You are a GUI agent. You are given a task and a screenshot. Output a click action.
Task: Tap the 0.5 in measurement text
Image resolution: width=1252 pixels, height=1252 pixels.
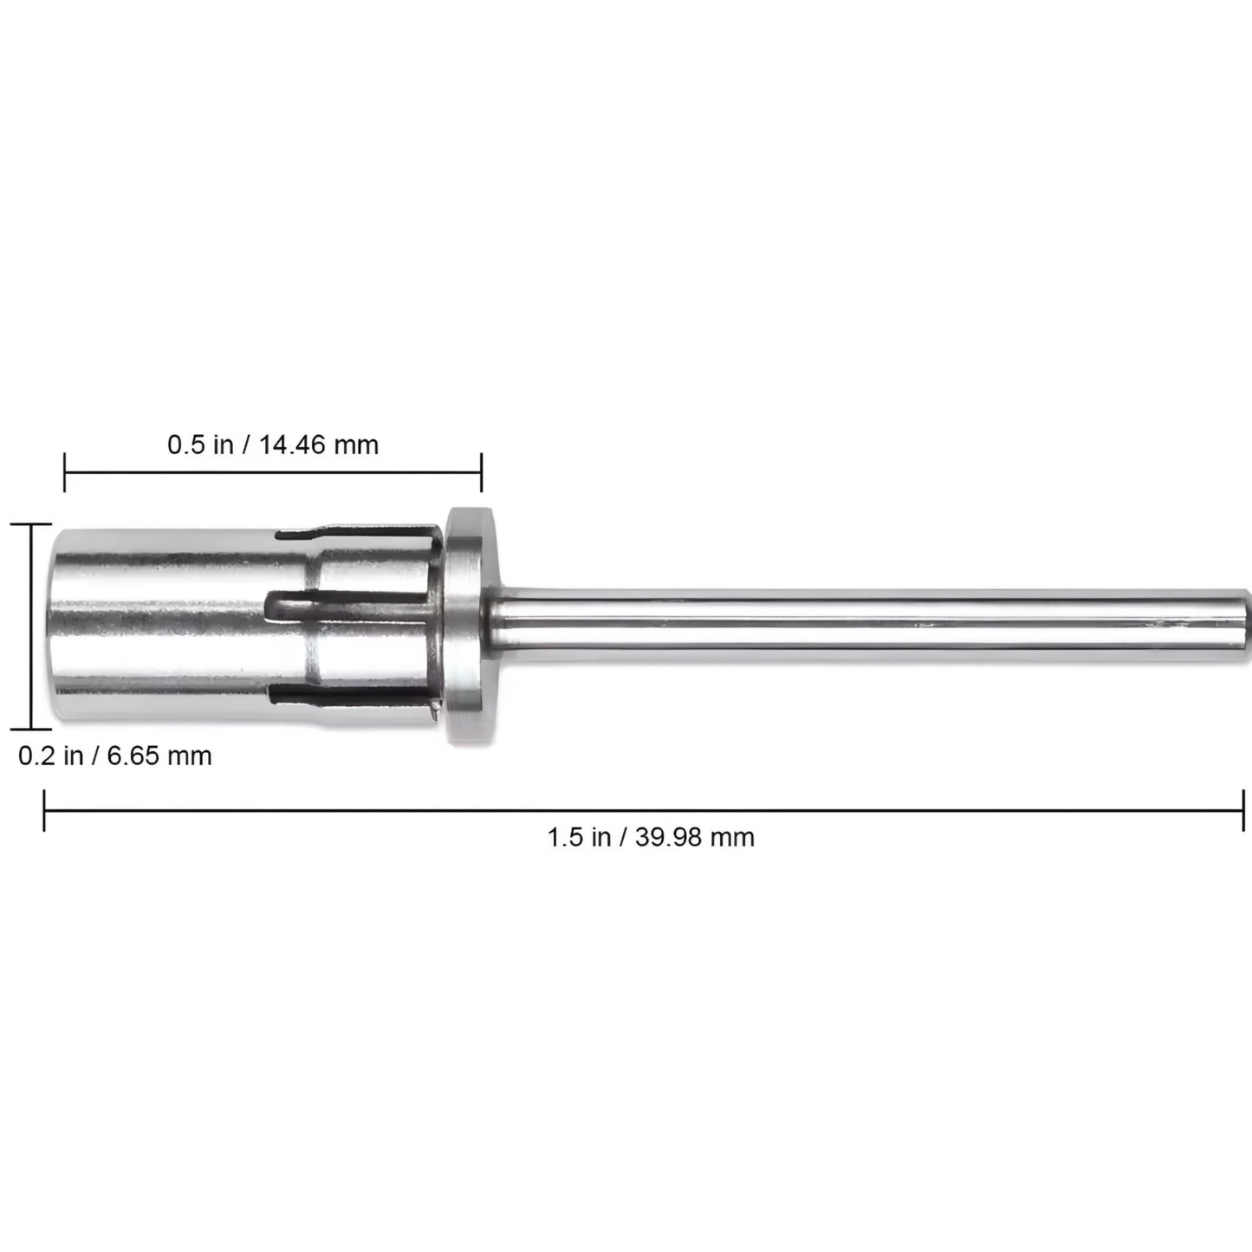pyautogui.click(x=200, y=445)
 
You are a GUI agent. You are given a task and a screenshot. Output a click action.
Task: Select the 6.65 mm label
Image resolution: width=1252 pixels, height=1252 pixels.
pyautogui.click(x=159, y=756)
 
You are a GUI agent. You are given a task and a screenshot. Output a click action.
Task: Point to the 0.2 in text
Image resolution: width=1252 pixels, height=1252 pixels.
pyautogui.click(x=50, y=756)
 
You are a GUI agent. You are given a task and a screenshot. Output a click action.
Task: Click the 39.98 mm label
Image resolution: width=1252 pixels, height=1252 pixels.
pyautogui.click(x=694, y=837)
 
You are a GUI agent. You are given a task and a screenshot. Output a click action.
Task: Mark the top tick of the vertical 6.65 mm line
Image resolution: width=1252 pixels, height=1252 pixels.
pyautogui.click(x=31, y=525)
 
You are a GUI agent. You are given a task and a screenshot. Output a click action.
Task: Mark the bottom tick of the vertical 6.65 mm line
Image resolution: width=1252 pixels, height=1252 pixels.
pyautogui.click(x=31, y=730)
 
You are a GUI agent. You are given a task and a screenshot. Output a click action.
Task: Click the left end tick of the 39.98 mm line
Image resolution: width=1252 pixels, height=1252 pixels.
pyautogui.click(x=44, y=810)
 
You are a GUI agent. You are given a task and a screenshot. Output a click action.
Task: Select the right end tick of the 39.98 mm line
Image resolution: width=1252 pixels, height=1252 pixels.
pyautogui.click(x=1243, y=810)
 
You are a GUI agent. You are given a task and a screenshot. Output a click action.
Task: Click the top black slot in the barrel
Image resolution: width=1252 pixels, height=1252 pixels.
pyautogui.click(x=355, y=529)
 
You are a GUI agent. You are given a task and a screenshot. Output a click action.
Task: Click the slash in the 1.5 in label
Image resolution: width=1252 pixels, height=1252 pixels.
pyautogui.click(x=623, y=837)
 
